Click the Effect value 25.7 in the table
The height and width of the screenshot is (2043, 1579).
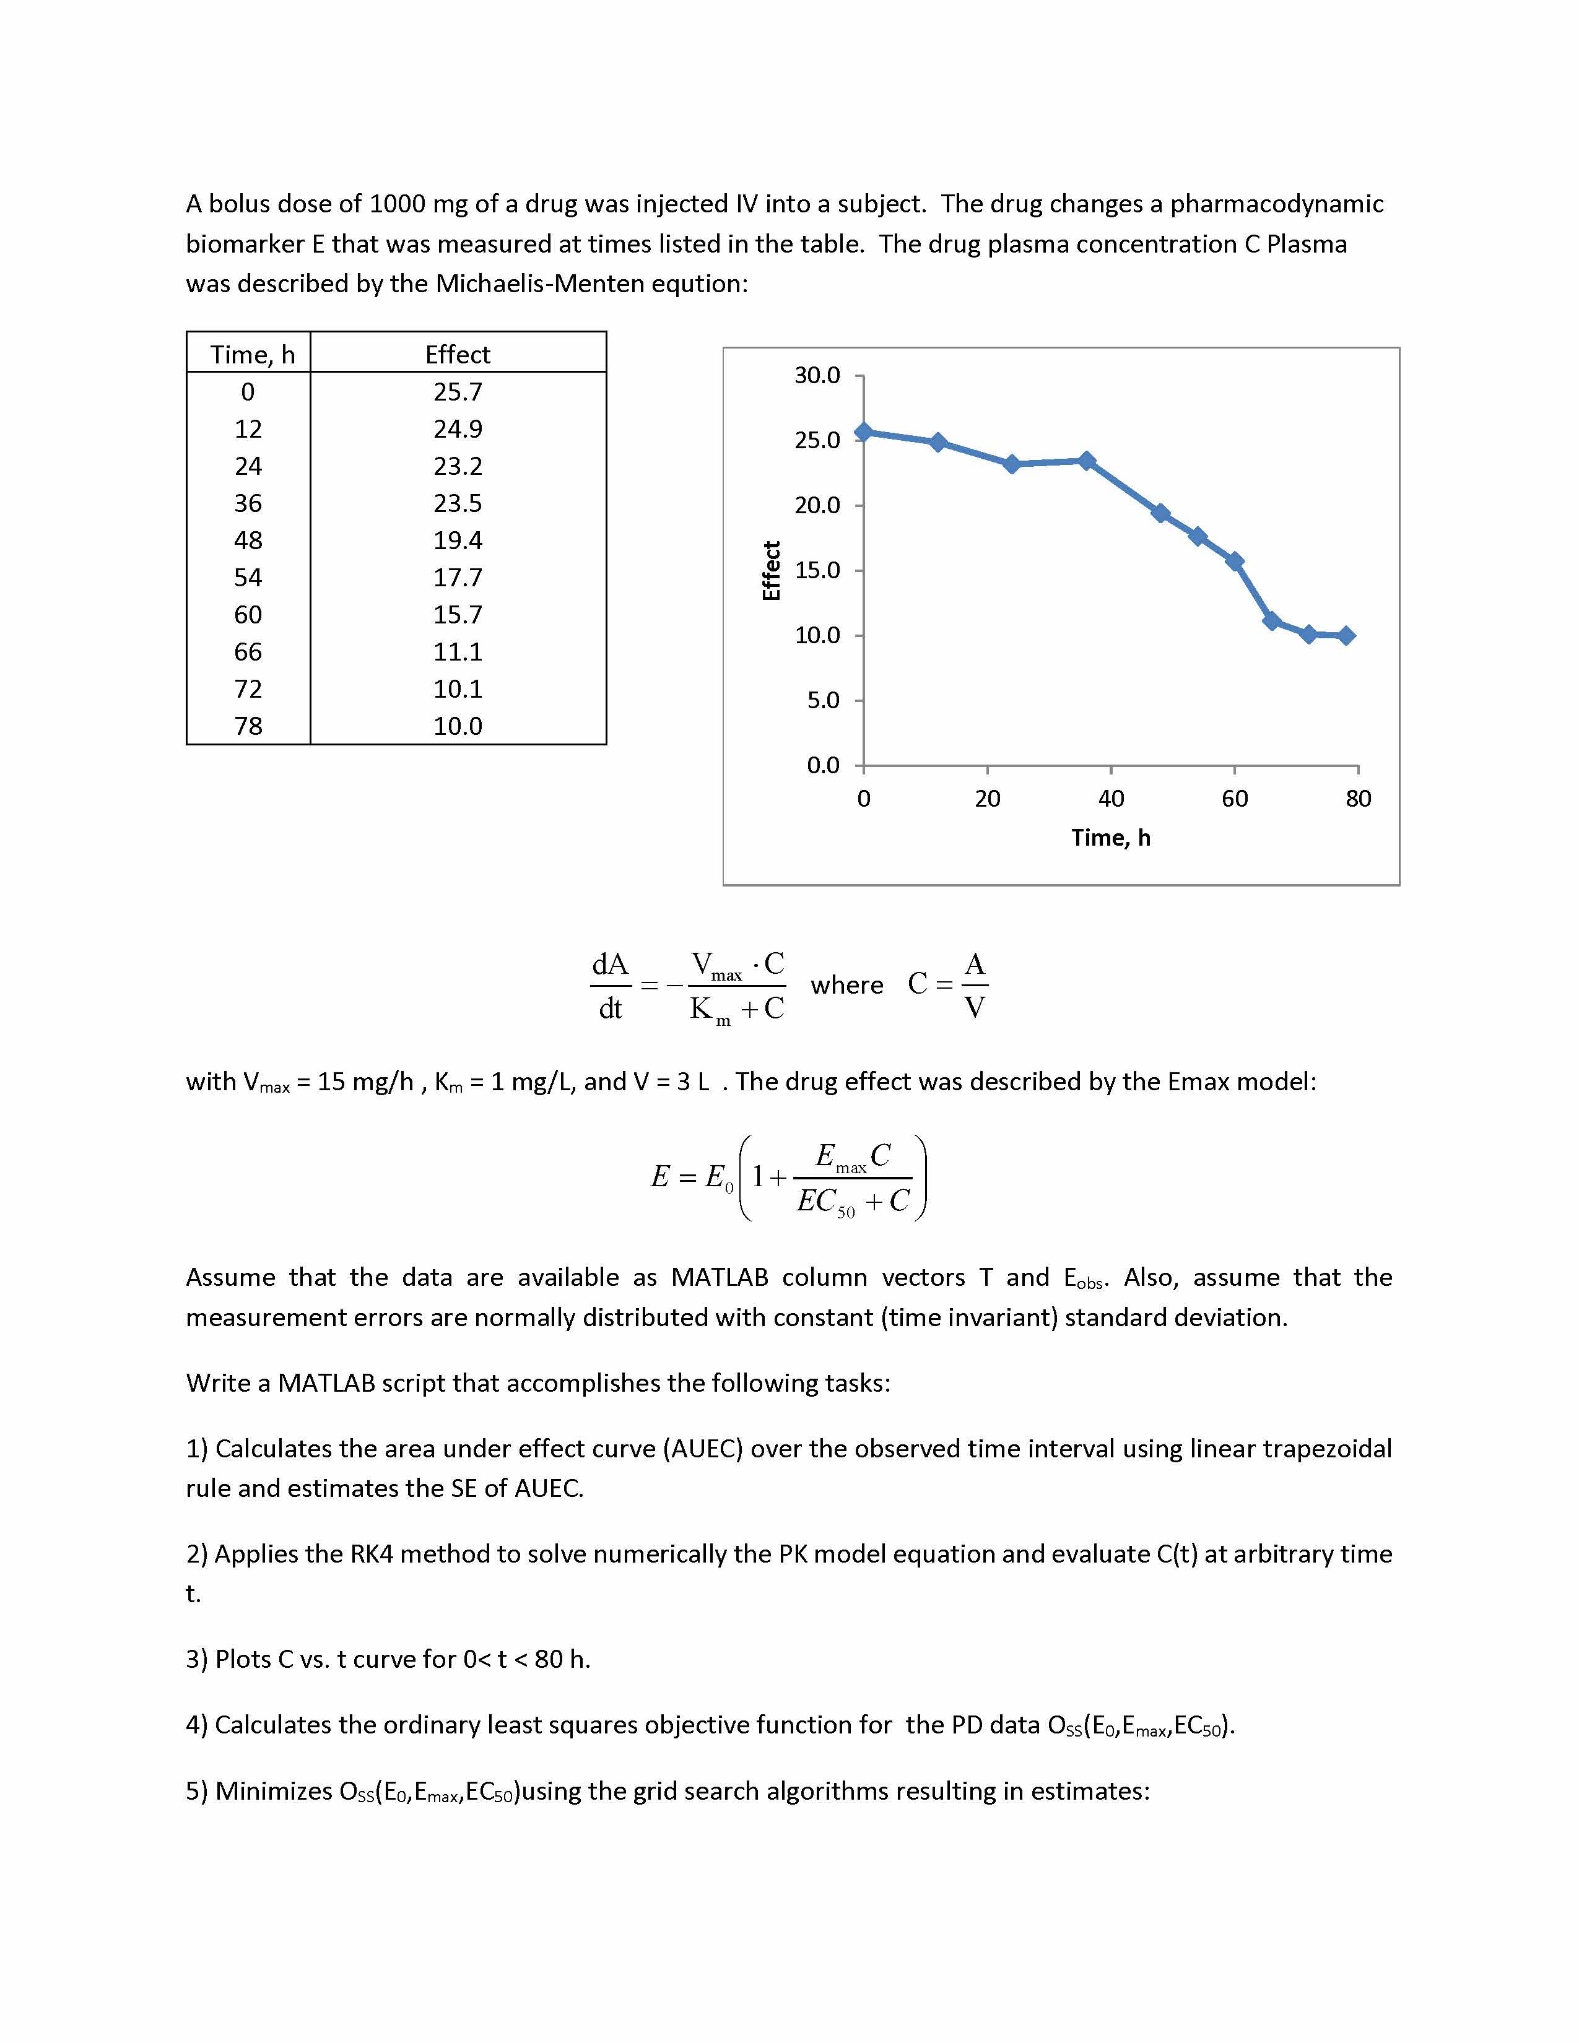(458, 392)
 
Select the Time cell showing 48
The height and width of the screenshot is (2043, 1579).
(248, 540)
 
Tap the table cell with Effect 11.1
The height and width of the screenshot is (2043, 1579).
(458, 652)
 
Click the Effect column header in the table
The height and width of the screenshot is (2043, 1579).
(458, 355)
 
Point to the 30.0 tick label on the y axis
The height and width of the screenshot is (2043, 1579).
(817, 375)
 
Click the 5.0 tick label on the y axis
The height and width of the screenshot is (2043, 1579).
(823, 700)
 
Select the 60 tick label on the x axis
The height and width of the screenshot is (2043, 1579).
(1234, 798)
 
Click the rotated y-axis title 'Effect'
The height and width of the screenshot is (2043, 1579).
(772, 571)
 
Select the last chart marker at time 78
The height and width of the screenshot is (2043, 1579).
(1346, 636)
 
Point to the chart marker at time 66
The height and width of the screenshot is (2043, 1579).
(1271, 621)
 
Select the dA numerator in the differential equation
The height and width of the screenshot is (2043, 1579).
(610, 965)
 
